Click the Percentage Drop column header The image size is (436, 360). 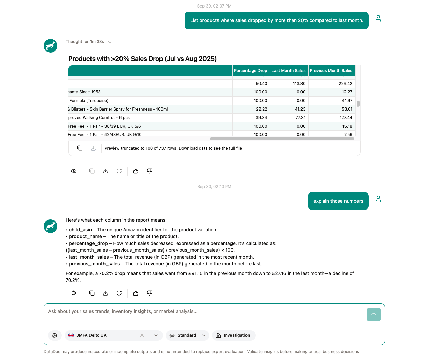pos(250,71)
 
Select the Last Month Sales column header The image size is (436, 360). pos(289,71)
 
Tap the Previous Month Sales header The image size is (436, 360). pos(331,71)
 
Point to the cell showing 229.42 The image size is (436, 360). pos(345,84)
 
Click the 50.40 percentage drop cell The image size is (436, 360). pos(261,84)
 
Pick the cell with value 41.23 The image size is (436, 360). pos(300,109)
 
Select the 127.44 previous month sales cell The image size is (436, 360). pos(346,118)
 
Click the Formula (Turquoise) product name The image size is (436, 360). pos(89,101)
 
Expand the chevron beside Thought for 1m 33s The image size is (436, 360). pos(110,42)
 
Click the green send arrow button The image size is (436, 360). pos(374,315)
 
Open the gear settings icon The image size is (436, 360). pos(55,335)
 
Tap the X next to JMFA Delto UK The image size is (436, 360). pos(142,335)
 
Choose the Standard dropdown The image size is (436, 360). pos(187,335)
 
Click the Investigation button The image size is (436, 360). pos(234,335)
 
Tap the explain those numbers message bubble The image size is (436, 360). pos(338,201)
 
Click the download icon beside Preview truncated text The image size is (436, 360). pos(93,148)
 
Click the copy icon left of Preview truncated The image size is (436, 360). pos(80,148)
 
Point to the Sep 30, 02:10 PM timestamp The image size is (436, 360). pos(214,187)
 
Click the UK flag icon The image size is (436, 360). pos(71,335)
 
